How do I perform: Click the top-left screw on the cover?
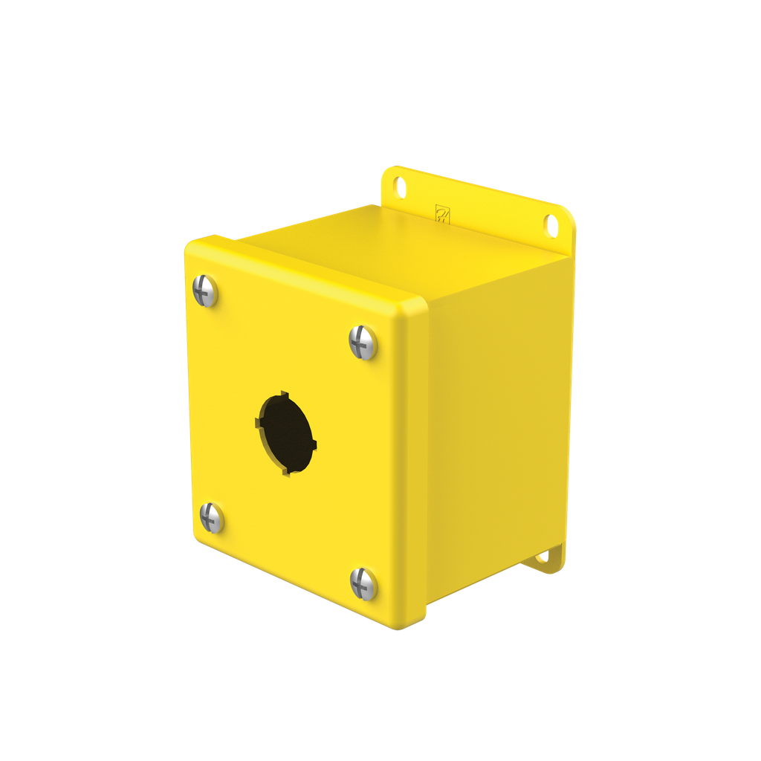[x=205, y=291]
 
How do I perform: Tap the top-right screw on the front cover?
[x=363, y=343]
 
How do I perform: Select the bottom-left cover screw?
[x=212, y=517]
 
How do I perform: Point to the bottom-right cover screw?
[x=364, y=584]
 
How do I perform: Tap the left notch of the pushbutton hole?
[x=258, y=423]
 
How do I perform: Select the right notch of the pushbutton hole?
[x=315, y=446]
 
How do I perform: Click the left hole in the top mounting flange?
[x=401, y=187]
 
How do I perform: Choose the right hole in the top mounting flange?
[x=551, y=225]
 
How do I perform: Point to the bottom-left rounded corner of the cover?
[x=198, y=540]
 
